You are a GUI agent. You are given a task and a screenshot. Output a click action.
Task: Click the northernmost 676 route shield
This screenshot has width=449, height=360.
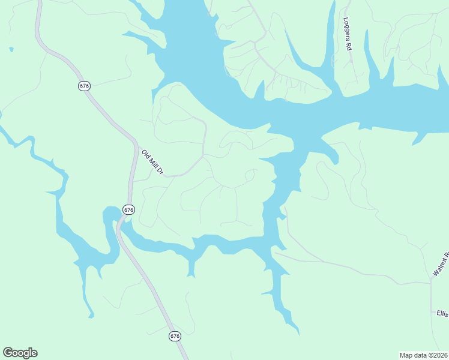coord(84,86)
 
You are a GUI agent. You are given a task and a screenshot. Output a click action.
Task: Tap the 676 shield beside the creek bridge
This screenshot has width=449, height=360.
coord(128,209)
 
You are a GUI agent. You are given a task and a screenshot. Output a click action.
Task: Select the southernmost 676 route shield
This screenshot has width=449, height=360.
coord(174,336)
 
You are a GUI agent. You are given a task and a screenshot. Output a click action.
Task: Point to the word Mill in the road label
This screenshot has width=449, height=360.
coord(152,161)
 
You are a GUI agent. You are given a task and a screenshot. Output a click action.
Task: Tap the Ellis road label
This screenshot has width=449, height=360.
coord(442,313)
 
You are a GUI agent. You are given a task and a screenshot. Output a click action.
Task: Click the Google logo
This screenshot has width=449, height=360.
coord(20,353)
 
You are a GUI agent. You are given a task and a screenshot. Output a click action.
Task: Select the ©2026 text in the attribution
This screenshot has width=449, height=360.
coord(438,355)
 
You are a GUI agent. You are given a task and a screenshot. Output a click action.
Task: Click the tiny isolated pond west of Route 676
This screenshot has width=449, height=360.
coord(11,49)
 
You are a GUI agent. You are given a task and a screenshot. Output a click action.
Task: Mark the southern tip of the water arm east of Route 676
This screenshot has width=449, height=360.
coord(297,332)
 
